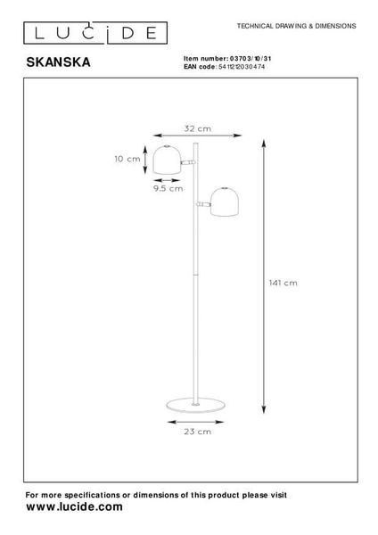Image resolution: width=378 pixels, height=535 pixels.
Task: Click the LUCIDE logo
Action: tap(95, 33)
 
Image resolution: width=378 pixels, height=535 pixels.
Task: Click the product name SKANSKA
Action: tap(58, 62)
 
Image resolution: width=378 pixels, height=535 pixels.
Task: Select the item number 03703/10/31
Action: tap(251, 59)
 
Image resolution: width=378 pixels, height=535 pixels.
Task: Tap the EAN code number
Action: tap(242, 67)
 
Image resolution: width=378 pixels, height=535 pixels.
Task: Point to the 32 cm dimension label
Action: tap(198, 128)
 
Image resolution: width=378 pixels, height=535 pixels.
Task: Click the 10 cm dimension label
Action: tap(127, 159)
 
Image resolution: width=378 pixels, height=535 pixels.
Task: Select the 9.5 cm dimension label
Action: tap(168, 188)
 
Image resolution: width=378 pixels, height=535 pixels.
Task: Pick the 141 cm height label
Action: tap(283, 283)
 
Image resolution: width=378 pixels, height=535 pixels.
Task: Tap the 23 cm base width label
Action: tap(198, 432)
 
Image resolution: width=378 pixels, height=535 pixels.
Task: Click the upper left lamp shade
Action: tap(167, 160)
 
